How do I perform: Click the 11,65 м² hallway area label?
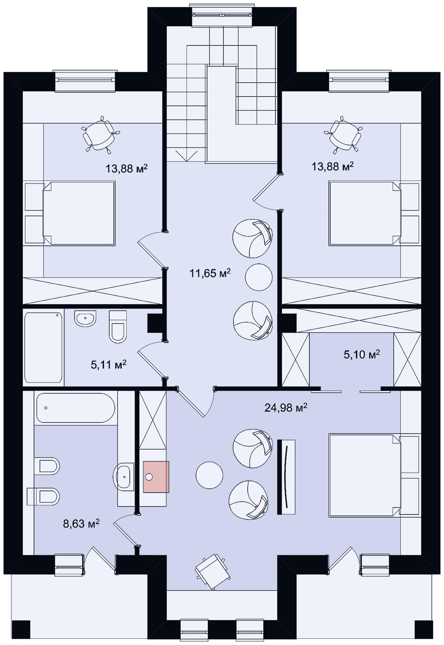click(210, 273)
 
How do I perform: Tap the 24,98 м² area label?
click(286, 407)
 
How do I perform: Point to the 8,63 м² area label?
click(82, 523)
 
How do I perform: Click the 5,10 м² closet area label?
click(362, 354)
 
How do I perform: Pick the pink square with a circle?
click(156, 477)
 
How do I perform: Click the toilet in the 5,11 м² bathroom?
click(118, 327)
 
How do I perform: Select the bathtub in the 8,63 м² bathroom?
click(75, 408)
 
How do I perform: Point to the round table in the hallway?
click(259, 277)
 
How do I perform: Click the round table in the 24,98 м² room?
click(210, 475)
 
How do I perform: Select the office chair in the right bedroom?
click(343, 135)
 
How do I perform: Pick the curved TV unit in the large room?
click(286, 477)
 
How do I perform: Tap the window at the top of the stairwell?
click(222, 15)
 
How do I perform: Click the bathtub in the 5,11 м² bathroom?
click(44, 347)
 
